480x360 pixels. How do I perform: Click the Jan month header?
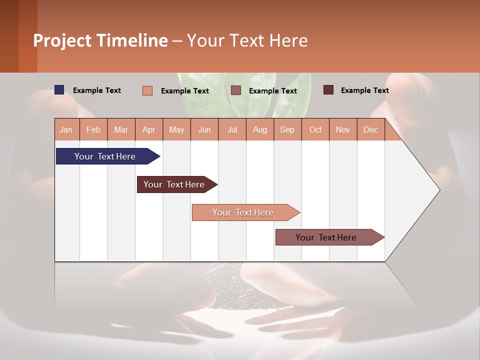(x=66, y=129)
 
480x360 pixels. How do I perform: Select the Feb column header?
(x=93, y=129)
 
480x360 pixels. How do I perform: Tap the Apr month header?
(x=149, y=129)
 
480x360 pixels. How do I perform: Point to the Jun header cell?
(x=204, y=129)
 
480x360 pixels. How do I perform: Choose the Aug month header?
(x=260, y=129)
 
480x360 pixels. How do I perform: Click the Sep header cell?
(x=287, y=129)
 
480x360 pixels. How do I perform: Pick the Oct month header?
(x=315, y=129)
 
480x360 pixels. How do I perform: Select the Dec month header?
(x=371, y=129)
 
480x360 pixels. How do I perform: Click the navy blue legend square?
(x=59, y=90)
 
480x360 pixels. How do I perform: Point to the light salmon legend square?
(x=147, y=90)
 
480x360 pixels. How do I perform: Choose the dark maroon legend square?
(x=328, y=90)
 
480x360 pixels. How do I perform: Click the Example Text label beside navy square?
(x=97, y=90)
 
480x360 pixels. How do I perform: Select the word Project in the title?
(x=63, y=40)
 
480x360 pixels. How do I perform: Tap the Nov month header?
(x=343, y=129)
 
